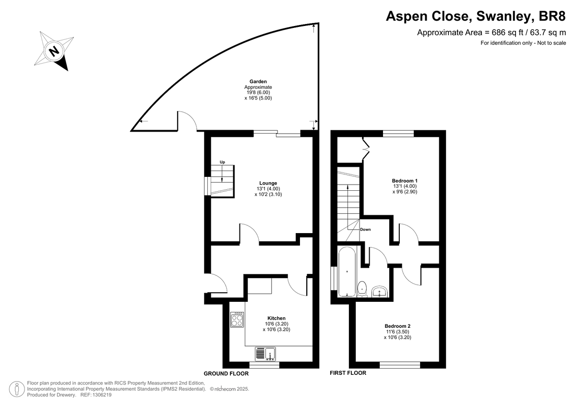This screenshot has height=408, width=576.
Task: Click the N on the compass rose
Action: (54, 51)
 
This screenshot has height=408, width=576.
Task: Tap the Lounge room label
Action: (268, 183)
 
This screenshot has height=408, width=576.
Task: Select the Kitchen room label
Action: (276, 318)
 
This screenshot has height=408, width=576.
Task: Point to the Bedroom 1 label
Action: (405, 181)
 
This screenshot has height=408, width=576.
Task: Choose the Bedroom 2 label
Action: (397, 326)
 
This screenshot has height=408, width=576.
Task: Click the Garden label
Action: (258, 82)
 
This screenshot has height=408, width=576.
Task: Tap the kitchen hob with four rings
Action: (237, 320)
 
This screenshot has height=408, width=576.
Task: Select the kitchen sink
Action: (265, 354)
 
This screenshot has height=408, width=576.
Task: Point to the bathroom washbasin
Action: (380, 292)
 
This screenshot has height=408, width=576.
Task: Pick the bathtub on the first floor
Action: (347, 272)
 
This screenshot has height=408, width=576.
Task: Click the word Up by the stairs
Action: (222, 162)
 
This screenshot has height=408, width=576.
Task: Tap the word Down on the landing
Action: (365, 229)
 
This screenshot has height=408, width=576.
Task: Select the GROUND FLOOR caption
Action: (226, 373)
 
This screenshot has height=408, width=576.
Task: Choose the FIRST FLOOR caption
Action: (348, 373)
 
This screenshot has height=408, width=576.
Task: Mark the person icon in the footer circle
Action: (17, 389)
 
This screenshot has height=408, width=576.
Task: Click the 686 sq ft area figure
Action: (503, 32)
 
